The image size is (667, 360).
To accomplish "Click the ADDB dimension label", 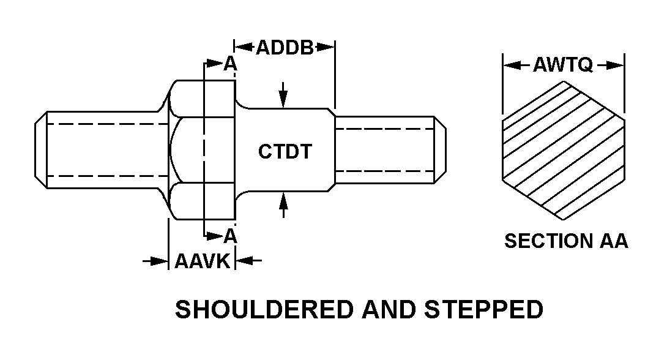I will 284,47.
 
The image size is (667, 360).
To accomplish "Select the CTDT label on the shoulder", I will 284,151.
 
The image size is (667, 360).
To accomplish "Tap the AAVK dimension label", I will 202,262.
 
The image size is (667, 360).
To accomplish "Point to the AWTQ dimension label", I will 563,65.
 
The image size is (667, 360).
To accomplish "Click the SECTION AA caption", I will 566,241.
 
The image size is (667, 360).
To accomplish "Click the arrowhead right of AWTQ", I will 613,65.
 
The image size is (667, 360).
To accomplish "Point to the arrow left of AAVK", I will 156,261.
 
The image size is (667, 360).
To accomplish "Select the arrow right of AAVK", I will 248,261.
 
